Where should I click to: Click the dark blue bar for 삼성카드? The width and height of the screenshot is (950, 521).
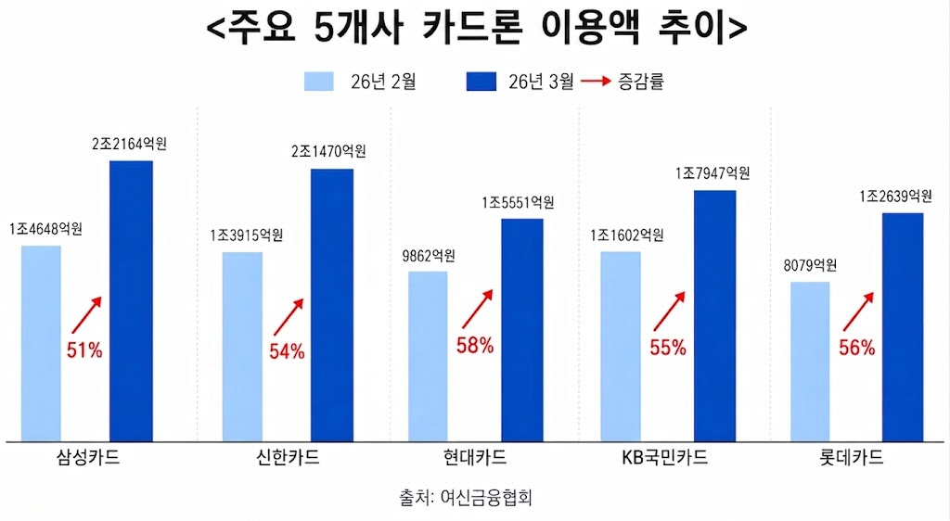[131, 300]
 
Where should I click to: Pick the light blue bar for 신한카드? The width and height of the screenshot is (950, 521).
[242, 346]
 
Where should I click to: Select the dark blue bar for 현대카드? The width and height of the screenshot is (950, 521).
[522, 329]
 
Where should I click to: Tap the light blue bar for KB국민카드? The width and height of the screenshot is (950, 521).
[620, 346]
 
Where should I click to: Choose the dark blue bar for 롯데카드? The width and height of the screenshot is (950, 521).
[903, 326]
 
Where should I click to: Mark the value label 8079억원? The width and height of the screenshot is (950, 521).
[810, 265]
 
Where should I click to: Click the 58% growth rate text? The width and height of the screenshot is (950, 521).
[475, 346]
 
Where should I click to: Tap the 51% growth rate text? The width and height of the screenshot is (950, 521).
[84, 349]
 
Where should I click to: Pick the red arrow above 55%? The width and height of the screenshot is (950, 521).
[669, 310]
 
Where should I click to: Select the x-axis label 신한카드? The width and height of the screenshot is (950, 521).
[287, 458]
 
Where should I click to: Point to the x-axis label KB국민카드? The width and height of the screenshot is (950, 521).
[665, 458]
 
